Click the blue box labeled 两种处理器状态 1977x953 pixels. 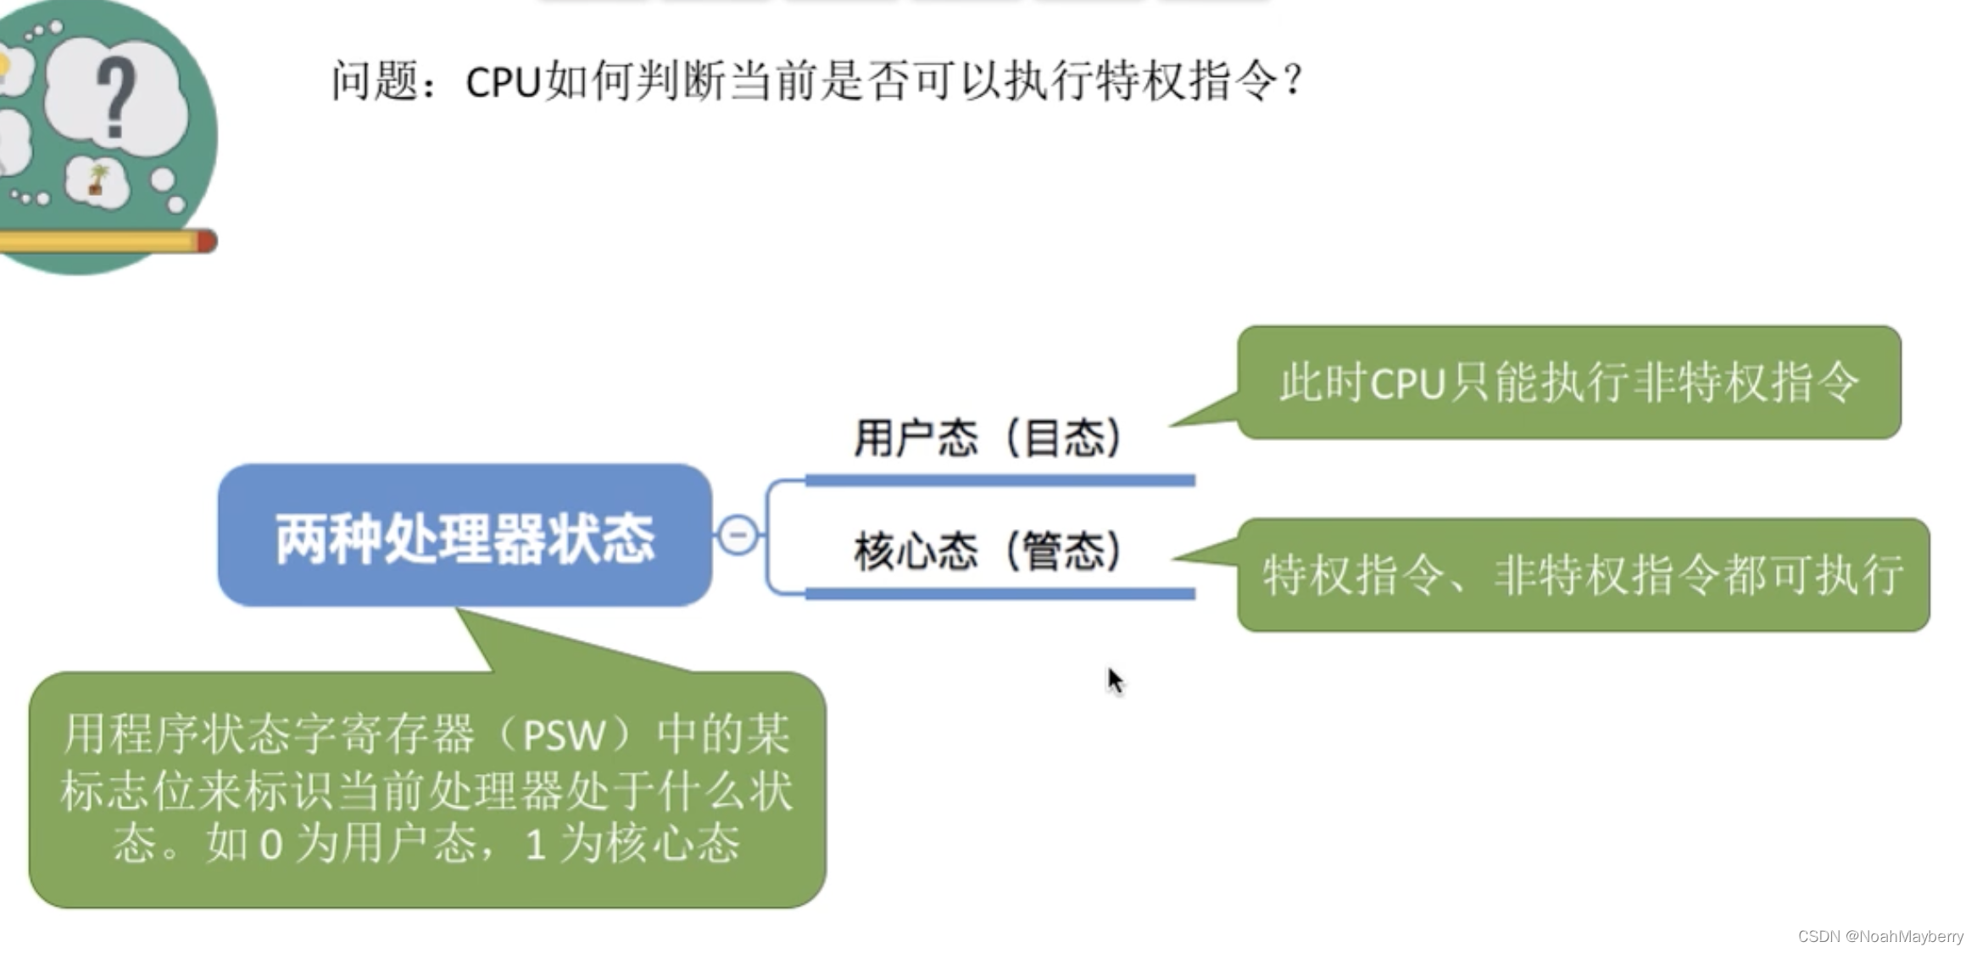click(465, 536)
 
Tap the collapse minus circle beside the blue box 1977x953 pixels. click(738, 535)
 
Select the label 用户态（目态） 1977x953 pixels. click(988, 437)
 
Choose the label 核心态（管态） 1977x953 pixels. click(988, 551)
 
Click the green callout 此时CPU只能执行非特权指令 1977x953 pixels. click(1568, 382)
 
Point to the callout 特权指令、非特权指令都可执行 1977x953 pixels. click(1583, 575)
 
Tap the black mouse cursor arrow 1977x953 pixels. click(1114, 680)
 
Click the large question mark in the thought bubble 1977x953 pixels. click(116, 98)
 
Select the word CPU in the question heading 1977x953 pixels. click(503, 82)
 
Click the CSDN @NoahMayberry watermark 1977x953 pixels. click(1880, 936)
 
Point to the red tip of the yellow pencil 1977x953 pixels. click(206, 242)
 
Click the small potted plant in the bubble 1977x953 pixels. click(97, 180)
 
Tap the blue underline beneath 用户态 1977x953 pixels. click(1000, 481)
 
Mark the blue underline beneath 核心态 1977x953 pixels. click(1000, 594)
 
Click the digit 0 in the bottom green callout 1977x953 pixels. click(270, 844)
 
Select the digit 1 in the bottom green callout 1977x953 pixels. click(534, 844)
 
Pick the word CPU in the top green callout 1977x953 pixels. click(1407, 383)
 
